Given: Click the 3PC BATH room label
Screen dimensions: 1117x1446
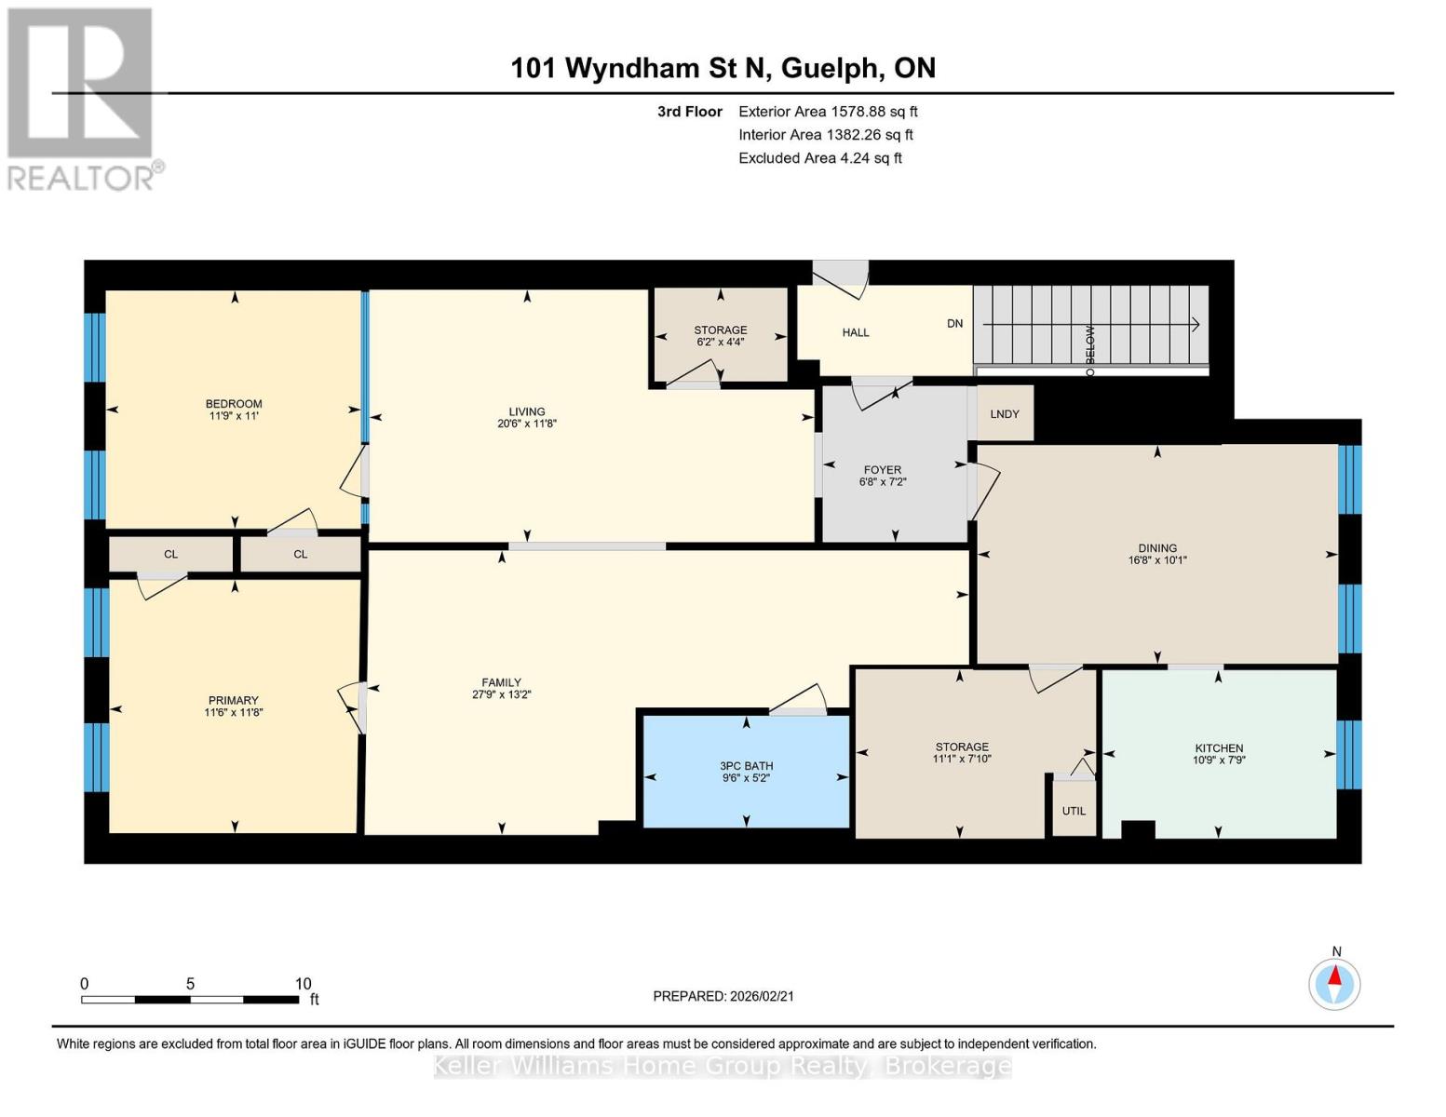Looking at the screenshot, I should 746,766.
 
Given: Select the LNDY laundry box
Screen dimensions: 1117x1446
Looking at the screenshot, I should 1004,414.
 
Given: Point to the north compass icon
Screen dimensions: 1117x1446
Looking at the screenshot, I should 1334,983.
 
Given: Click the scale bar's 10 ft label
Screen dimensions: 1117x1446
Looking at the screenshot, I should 303,984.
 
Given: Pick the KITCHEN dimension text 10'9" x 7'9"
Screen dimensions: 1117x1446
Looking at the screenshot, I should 1219,760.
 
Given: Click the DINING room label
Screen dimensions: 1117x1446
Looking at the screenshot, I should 1157,548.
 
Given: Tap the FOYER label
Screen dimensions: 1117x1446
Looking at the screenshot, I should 882,470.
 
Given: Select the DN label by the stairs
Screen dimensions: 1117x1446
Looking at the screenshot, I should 954,324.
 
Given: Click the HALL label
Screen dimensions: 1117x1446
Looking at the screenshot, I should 855,332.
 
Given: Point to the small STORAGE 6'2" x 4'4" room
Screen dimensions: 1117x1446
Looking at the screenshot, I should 720,335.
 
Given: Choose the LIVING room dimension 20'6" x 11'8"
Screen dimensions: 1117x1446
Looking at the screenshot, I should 527,424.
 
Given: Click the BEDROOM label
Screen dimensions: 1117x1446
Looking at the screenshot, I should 234,404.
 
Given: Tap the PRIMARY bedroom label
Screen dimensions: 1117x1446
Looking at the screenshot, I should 233,700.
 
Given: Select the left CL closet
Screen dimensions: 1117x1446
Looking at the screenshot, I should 170,555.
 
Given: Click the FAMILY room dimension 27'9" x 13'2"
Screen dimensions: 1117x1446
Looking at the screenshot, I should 501,694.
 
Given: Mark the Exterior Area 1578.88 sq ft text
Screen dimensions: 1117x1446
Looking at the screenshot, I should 828,112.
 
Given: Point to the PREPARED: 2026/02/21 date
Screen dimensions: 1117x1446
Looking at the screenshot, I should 723,996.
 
